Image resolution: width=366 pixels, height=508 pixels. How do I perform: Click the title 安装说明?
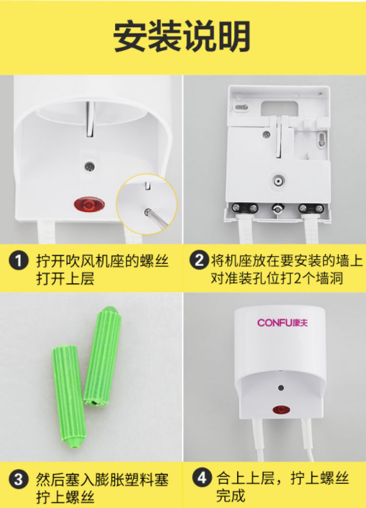pyautogui.click(x=182, y=36)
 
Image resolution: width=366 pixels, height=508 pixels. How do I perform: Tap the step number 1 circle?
pyautogui.click(x=18, y=260)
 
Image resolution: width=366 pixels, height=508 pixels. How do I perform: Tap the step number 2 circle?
pyautogui.click(x=199, y=260)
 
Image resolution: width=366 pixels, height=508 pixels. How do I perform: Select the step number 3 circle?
pyautogui.click(x=18, y=479)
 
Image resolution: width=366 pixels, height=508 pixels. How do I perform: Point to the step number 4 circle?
pyautogui.click(x=202, y=477)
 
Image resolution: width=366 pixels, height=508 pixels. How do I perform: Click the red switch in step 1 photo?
pyautogui.click(x=89, y=204)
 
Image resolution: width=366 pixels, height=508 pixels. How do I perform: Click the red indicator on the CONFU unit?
pyautogui.click(x=281, y=410)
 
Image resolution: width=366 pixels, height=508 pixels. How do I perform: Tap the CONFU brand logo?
pyautogui.click(x=282, y=322)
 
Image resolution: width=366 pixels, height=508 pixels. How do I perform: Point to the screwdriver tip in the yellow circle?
pyautogui.click(x=147, y=211)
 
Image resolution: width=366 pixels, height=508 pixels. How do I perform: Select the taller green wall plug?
pyautogui.click(x=102, y=357)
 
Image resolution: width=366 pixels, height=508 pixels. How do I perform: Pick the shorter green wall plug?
pyautogui.click(x=68, y=396)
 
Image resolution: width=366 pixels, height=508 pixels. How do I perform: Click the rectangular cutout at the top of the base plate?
pyautogui.click(x=280, y=108)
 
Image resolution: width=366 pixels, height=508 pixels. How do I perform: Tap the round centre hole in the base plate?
pyautogui.click(x=279, y=181)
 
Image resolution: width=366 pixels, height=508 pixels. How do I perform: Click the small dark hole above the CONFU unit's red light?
pyautogui.click(x=281, y=388)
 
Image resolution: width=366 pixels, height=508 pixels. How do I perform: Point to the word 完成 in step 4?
pyautogui.click(x=231, y=495)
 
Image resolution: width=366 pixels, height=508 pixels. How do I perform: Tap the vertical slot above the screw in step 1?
pyautogui.click(x=90, y=119)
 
